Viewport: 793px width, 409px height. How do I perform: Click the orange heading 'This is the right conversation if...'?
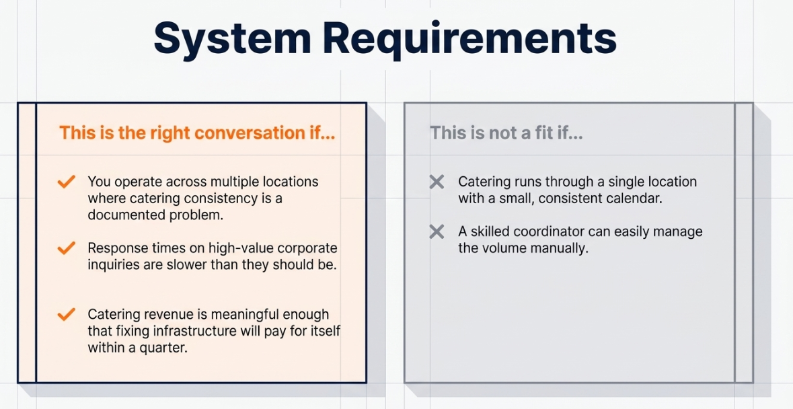pyautogui.click(x=197, y=133)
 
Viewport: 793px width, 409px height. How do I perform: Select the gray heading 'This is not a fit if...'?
pyautogui.click(x=506, y=133)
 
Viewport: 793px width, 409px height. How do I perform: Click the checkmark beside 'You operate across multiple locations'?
pyautogui.click(x=67, y=182)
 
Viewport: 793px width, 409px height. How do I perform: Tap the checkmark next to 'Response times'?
pyautogui.click(x=67, y=248)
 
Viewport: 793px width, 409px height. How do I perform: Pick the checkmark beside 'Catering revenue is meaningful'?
pyautogui.click(x=67, y=314)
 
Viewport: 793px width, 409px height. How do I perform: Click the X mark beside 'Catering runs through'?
pyautogui.click(x=437, y=182)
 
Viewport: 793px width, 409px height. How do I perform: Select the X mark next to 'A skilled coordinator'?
pyautogui.click(x=437, y=232)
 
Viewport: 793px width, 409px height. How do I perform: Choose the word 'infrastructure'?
pyautogui.click(x=194, y=331)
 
